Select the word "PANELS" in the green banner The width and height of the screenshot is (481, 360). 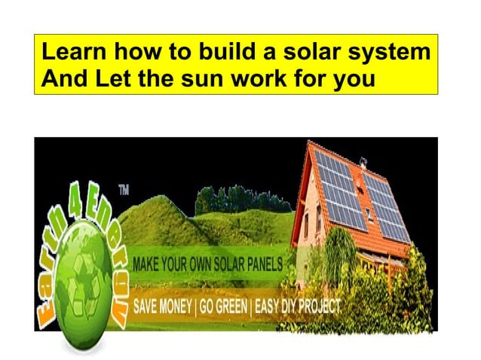(x=259, y=265)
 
